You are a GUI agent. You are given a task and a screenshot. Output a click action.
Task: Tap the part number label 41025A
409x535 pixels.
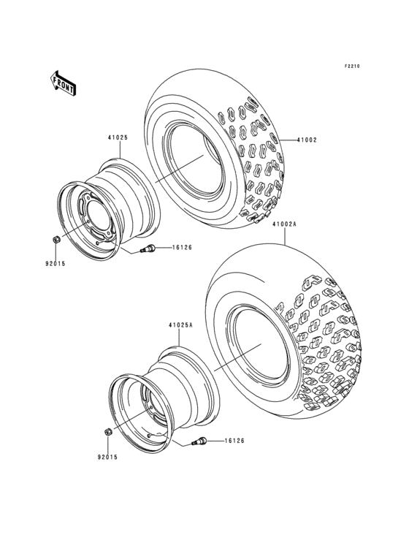click(x=180, y=326)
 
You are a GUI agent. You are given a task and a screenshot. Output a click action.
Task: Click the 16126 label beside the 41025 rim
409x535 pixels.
click(x=183, y=248)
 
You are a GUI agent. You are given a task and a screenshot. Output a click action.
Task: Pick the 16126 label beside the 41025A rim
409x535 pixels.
click(x=234, y=441)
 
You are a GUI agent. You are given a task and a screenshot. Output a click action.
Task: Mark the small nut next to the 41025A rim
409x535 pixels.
click(x=107, y=432)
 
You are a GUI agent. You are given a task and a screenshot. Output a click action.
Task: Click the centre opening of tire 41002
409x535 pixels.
click(x=191, y=162)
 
